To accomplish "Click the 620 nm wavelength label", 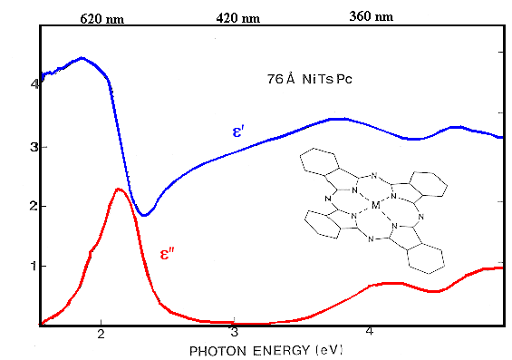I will click(x=102, y=17).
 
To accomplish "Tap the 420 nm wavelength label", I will click(x=237, y=17).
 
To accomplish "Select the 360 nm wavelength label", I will click(x=372, y=16).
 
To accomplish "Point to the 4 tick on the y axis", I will click(x=34, y=84).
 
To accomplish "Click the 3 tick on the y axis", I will click(x=34, y=146).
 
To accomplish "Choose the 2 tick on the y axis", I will click(x=34, y=206).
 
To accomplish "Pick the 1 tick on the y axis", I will click(x=34, y=266).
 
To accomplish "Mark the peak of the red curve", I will click(x=119, y=189).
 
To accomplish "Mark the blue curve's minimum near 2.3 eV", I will click(x=143, y=215).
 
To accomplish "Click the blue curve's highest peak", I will click(x=82, y=58).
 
